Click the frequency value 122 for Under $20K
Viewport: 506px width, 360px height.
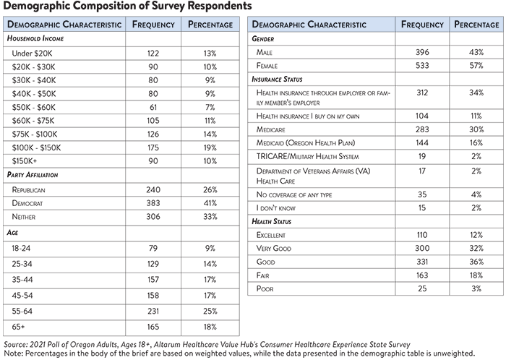coord(153,53)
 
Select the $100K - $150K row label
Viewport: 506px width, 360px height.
coord(36,147)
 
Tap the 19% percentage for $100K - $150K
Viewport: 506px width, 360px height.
coord(210,147)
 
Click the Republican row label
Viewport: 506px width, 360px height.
coord(28,189)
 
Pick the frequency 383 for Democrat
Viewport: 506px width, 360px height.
coord(153,203)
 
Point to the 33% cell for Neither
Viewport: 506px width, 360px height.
coord(210,216)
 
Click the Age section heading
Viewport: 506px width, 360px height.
coord(12,232)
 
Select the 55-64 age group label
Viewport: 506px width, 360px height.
coord(22,311)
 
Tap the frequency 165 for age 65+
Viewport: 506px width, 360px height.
coord(153,327)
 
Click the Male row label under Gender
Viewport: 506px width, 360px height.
coord(265,52)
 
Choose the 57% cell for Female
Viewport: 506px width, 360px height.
coord(476,66)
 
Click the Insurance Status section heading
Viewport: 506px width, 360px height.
coord(277,79)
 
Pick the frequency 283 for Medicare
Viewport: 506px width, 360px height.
coord(422,129)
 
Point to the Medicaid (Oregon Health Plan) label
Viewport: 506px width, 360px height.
coord(306,142)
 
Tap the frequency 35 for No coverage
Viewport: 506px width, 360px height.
coord(422,194)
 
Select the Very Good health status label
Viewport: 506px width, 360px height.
coord(274,248)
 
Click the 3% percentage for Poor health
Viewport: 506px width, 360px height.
coord(476,288)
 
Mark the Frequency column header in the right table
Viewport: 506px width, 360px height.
coord(422,25)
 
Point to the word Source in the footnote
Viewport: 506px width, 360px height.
coord(15,345)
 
